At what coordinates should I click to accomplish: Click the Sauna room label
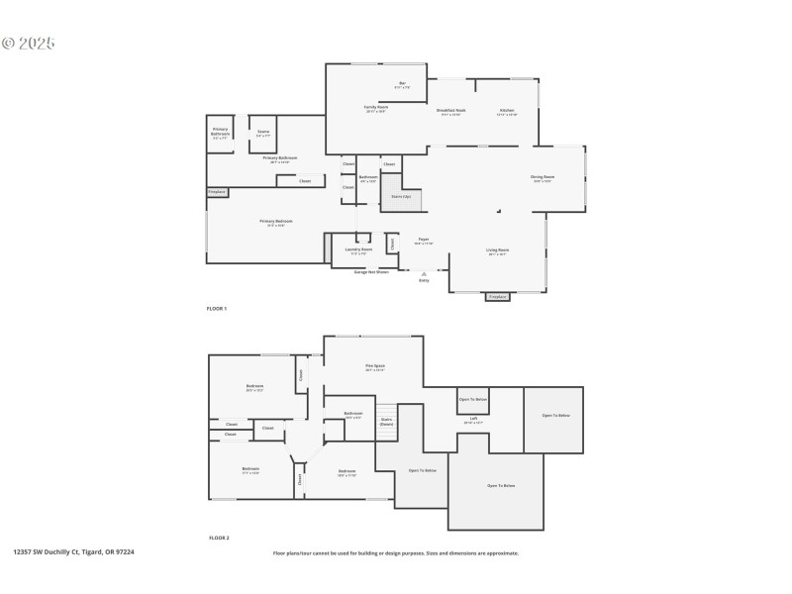[263, 132]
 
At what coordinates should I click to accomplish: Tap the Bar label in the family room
[402, 83]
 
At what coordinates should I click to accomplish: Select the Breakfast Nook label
[451, 111]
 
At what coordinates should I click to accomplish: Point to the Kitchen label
[506, 111]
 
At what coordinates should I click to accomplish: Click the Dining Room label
[543, 178]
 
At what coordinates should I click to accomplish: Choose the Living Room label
[497, 251]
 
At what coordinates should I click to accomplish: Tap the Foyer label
[423, 241]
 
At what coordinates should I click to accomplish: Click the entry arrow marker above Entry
[424, 273]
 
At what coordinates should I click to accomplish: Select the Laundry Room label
[358, 250]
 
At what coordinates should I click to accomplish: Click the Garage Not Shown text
[371, 271]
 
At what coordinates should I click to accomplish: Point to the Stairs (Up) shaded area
[402, 196]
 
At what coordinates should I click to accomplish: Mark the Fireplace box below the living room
[498, 296]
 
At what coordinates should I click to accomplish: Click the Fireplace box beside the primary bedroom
[217, 191]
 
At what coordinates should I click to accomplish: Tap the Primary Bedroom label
[276, 222]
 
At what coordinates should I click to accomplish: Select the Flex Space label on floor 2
[374, 366]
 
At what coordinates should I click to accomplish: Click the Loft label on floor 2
[473, 419]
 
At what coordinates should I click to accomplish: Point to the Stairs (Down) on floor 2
[386, 421]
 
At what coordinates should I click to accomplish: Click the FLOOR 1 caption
[216, 310]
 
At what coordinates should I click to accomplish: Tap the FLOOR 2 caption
[219, 538]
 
